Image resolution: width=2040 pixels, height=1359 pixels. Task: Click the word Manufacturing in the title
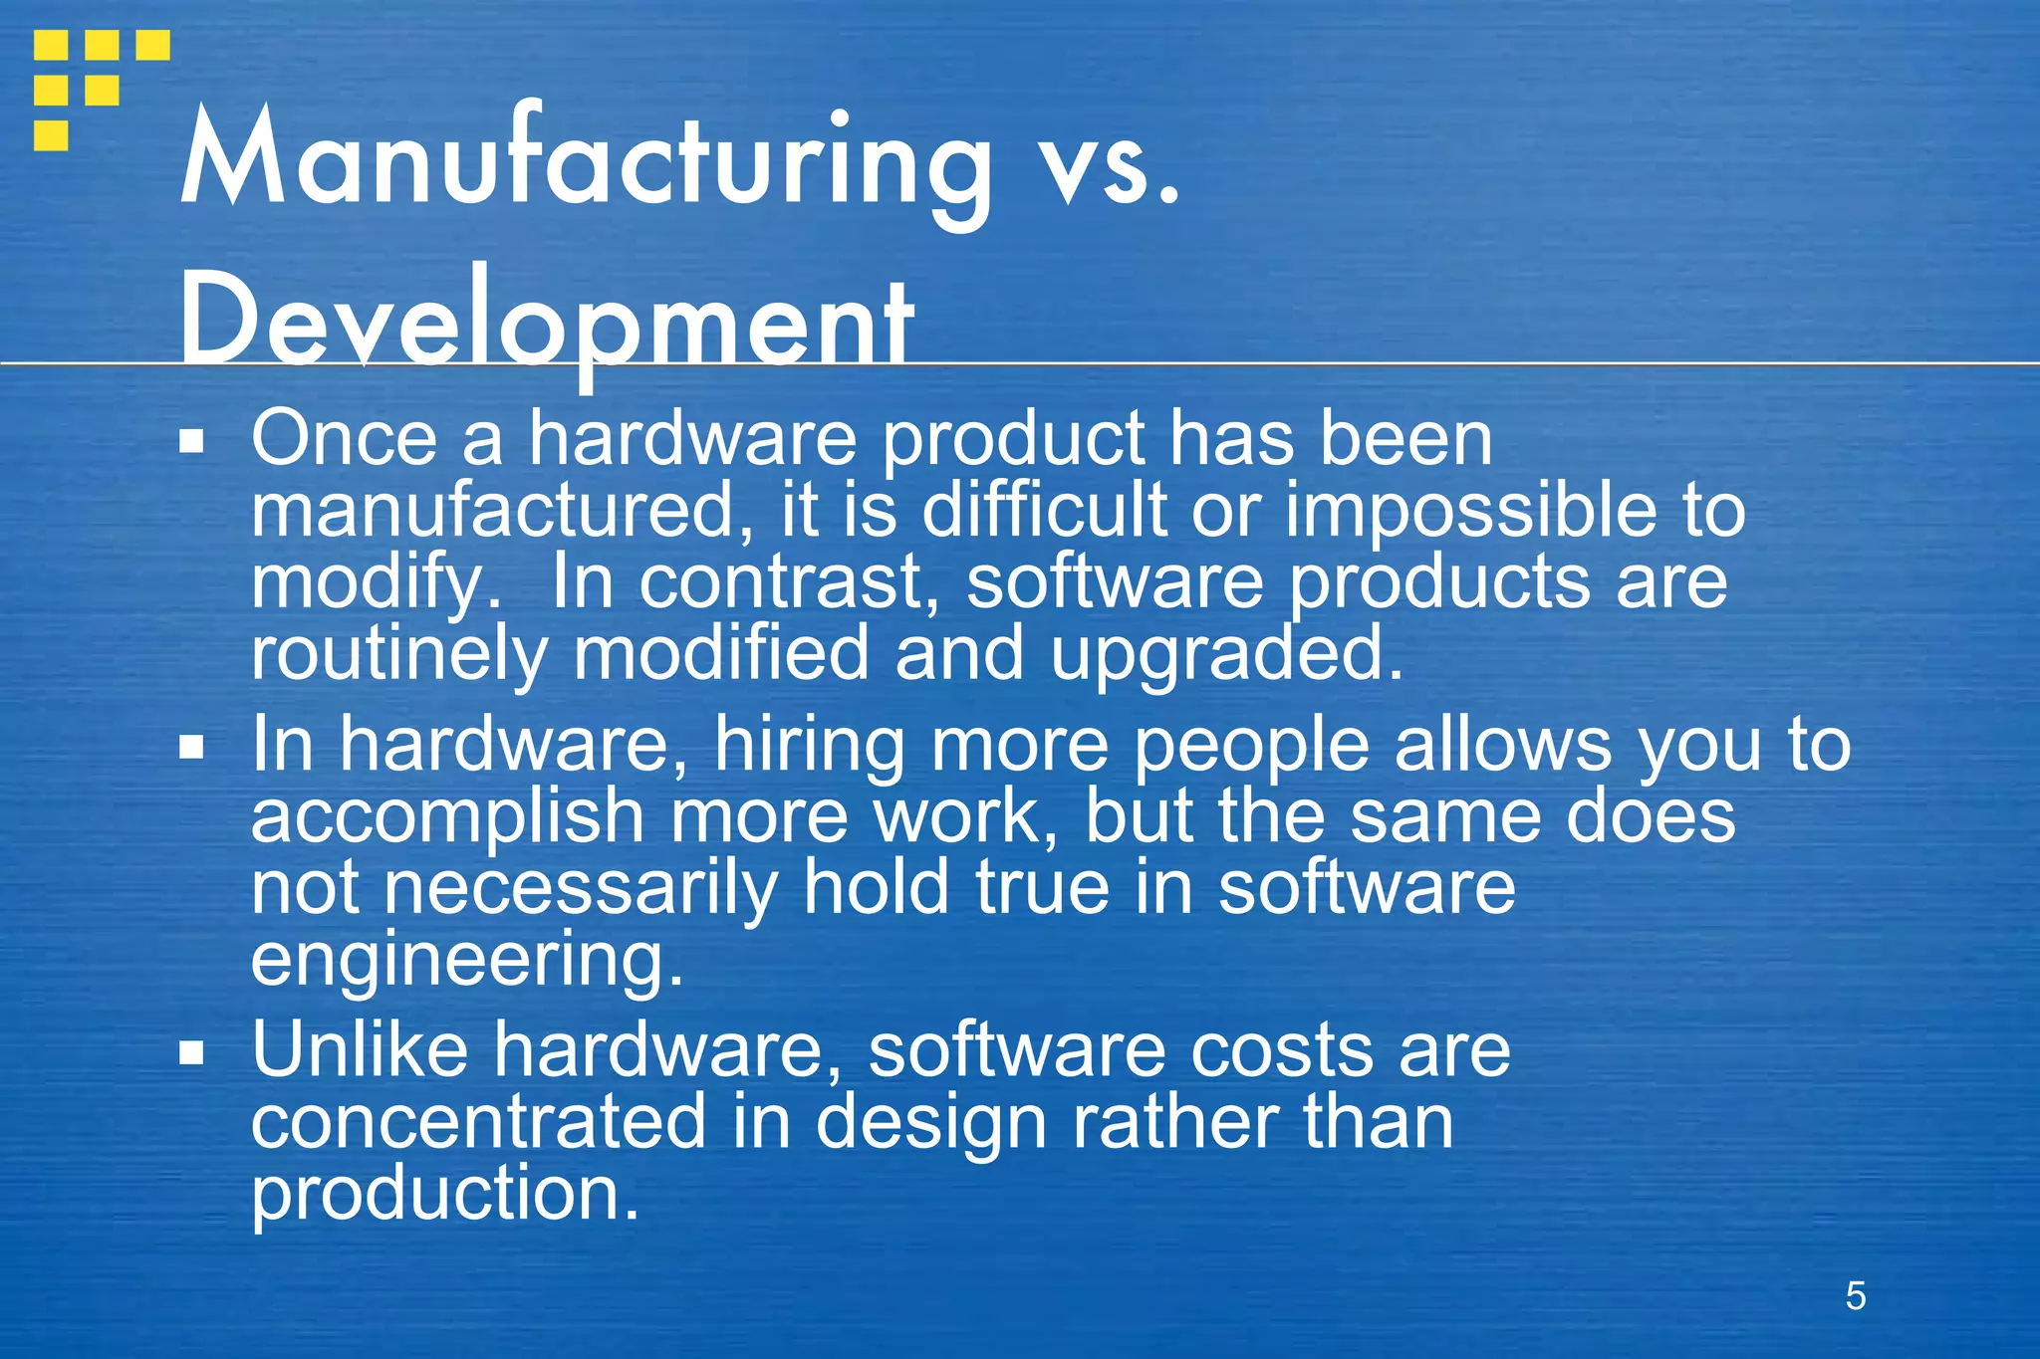[x=586, y=159]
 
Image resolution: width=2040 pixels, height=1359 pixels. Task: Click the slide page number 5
[x=1855, y=1296]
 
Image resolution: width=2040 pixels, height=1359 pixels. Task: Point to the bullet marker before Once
[x=191, y=440]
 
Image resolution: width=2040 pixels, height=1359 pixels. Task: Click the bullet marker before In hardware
[x=191, y=747]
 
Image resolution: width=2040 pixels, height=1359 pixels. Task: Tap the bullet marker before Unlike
[x=191, y=1052]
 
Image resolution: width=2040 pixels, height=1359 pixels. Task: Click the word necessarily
[x=581, y=889]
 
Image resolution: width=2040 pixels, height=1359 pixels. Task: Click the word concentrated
[x=478, y=1122]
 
